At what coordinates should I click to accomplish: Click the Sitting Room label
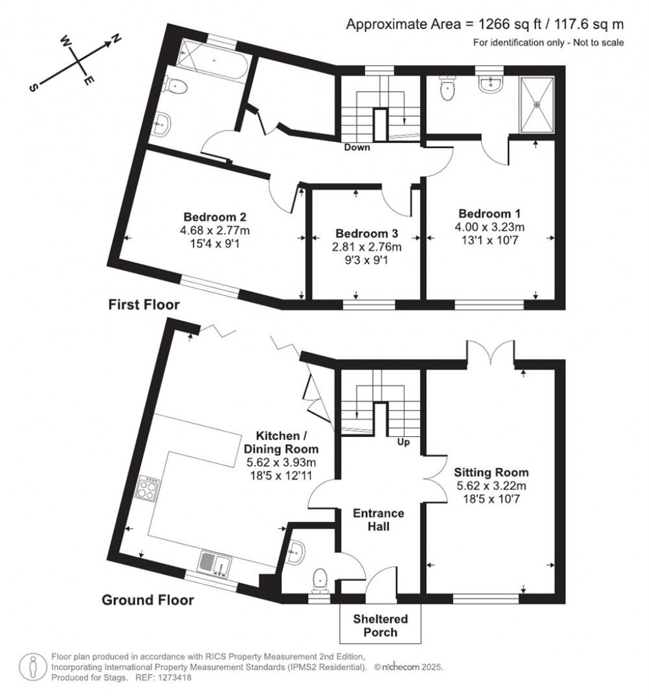pos(491,472)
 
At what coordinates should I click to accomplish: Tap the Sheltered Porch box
pos(380,624)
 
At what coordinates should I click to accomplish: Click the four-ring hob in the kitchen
pos(146,489)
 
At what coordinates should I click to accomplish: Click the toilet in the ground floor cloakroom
pos(320,579)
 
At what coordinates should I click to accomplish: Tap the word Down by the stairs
pos(357,148)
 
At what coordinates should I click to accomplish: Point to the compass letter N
pos(115,40)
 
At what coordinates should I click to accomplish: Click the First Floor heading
pos(144,305)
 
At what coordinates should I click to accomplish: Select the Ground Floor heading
pos(148,600)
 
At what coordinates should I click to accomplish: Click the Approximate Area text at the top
pos(485,24)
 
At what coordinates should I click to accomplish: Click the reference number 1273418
pos(173,677)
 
